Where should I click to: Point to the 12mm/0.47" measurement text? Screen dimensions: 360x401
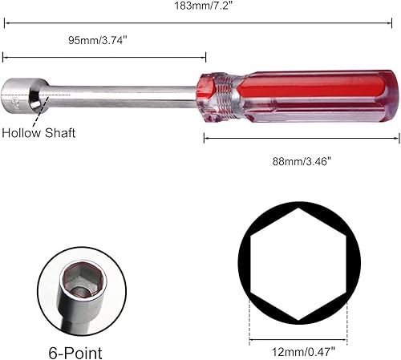298,350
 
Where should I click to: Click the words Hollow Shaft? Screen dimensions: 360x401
38,133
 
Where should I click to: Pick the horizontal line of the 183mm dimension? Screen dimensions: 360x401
200,22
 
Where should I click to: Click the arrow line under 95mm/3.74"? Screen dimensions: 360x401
104,57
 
